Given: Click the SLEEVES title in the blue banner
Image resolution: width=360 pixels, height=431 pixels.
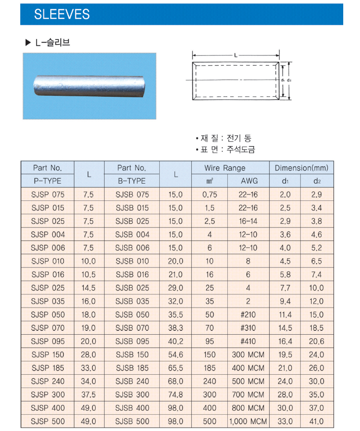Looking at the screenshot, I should pos(62,14).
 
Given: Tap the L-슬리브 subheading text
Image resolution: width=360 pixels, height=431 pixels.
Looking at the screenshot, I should pos(52,42).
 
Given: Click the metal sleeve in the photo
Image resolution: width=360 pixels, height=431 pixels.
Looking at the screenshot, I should pos(89,86).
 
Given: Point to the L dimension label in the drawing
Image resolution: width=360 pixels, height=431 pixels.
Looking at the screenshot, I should pos(236,55).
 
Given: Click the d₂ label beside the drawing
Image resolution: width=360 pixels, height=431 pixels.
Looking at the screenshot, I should pos(289,79).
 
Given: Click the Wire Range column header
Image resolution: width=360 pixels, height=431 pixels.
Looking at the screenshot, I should pos(225,168).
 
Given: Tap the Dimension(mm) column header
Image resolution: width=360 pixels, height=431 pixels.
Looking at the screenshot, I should pos(301,168).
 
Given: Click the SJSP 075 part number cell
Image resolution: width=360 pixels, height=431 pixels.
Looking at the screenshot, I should pos(47,195).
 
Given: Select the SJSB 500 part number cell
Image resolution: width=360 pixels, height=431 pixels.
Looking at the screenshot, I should pos(132,421).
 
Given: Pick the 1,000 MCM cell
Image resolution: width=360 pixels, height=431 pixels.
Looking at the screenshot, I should pos(248,421).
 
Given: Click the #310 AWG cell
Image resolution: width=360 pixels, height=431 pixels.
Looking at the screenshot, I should pos(248,328).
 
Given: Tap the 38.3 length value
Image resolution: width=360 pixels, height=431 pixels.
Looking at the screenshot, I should pos(175,328).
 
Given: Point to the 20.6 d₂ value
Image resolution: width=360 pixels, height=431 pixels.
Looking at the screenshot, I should pos(317,341).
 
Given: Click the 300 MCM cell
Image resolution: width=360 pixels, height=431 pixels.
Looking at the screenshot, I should pos(248,354).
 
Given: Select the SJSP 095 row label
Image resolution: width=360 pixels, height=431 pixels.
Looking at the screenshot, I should pos(47,341).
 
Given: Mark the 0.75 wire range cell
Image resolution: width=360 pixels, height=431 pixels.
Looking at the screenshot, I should pos(210,195).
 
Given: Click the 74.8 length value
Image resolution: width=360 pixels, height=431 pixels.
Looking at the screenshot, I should pos(175,394).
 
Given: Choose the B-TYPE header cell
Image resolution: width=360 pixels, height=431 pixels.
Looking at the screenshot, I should pos(132,181).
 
